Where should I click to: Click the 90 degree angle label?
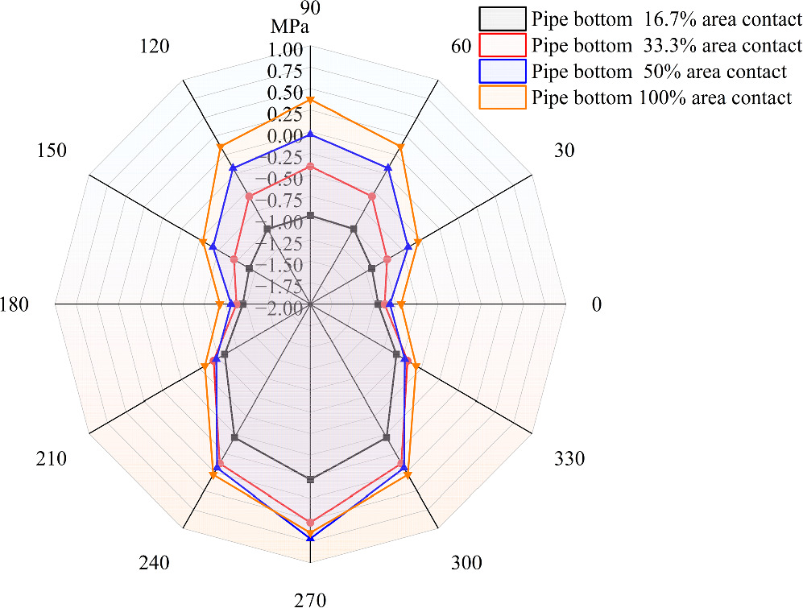pos(310,8)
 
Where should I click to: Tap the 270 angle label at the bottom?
pos(310,599)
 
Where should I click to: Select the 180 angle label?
pos(16,304)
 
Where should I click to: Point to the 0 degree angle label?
pos(596,304)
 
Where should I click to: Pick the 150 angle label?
pos(51,151)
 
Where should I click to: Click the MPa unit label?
pos(290,28)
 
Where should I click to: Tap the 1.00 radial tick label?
pos(285,50)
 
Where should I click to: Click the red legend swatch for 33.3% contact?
pos(503,44)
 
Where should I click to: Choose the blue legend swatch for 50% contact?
pos(503,71)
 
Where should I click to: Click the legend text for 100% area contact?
pos(661,97)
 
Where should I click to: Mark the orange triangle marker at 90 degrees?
pos(311,100)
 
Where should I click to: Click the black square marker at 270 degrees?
pos(311,479)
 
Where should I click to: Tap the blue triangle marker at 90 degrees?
pos(311,136)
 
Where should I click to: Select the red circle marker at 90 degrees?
pos(311,167)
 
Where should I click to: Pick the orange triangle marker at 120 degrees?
pos(219,147)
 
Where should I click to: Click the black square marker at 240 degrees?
pos(234,437)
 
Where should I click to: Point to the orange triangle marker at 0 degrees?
pos(402,304)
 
